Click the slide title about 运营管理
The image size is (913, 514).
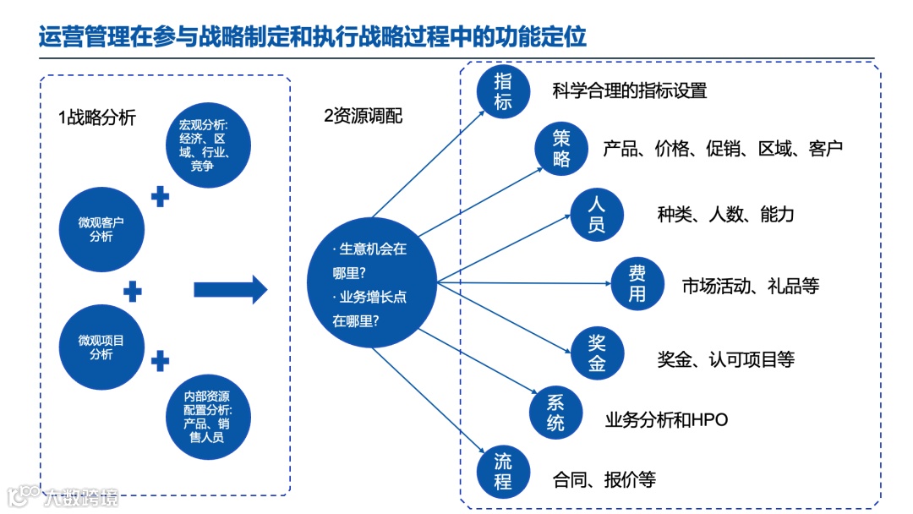pyautogui.click(x=313, y=37)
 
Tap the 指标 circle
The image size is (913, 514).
pyautogui.click(x=503, y=92)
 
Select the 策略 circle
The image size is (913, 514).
pyautogui.click(x=562, y=149)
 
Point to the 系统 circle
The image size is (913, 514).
pyautogui.click(x=555, y=412)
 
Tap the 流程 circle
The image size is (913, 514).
pyautogui.click(x=503, y=471)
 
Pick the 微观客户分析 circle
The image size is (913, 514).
pyautogui.click(x=101, y=229)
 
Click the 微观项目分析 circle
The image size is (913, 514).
pyautogui.click(x=101, y=347)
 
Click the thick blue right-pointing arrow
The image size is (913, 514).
pyautogui.click(x=230, y=290)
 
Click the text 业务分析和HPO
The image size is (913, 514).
pyautogui.click(x=666, y=419)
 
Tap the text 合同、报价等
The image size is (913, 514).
pyautogui.click(x=604, y=480)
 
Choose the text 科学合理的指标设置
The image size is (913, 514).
pyautogui.click(x=629, y=90)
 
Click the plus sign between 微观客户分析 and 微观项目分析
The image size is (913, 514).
pyautogui.click(x=133, y=292)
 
